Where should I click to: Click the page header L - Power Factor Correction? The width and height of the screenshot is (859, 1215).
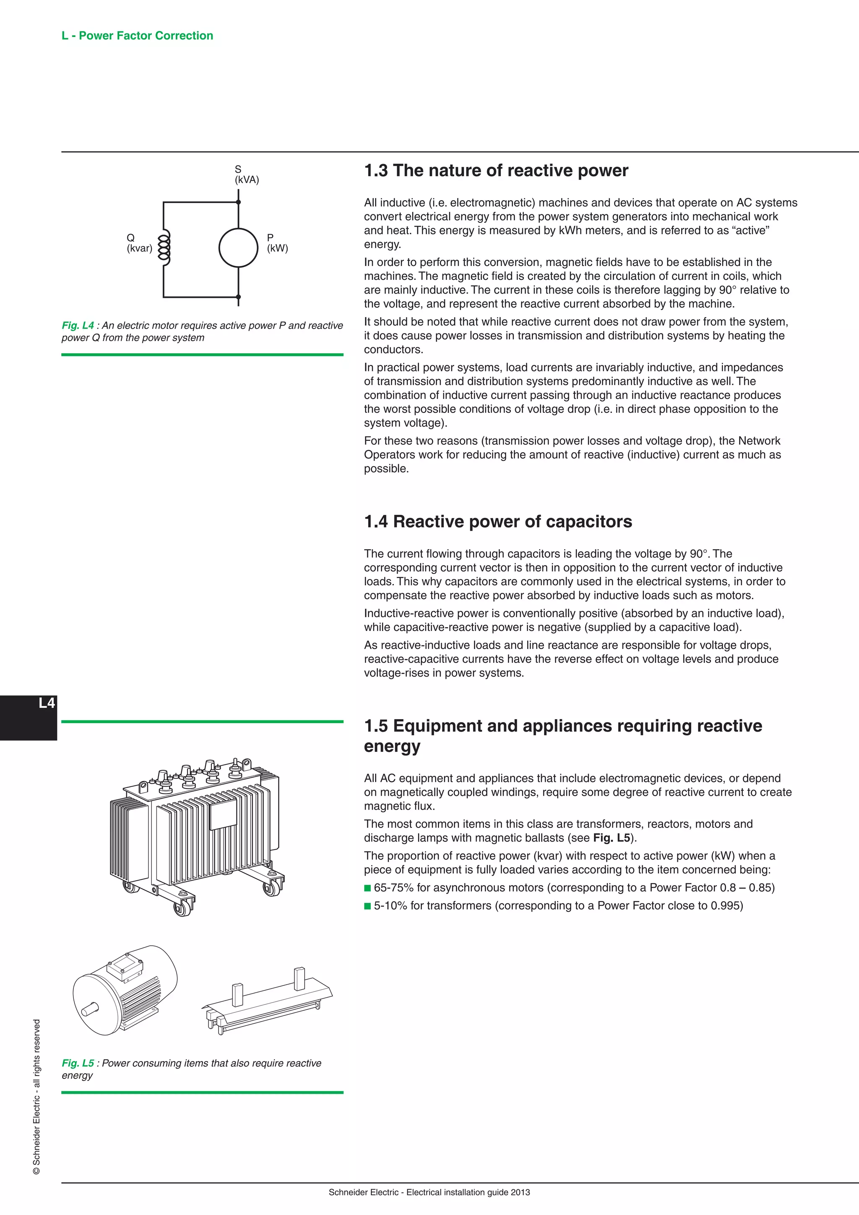coord(137,36)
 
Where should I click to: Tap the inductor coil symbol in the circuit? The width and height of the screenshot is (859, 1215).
coord(164,247)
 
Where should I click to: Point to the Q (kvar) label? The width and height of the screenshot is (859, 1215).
coord(139,243)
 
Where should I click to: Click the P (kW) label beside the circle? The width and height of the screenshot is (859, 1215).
coord(277,243)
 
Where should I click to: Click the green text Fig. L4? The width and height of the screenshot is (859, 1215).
coord(78,326)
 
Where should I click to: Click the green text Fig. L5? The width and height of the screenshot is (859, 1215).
coord(78,1063)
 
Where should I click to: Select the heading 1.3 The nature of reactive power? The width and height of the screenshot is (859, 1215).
coord(496,170)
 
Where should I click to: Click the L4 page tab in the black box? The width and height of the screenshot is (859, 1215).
coord(47,703)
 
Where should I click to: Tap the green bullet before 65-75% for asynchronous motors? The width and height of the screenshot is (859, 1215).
coord(367,888)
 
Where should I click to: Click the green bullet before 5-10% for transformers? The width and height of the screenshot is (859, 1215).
coord(367,906)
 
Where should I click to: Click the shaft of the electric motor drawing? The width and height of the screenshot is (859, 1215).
coord(89,1010)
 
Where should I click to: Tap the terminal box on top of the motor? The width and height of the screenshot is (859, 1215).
coord(125,966)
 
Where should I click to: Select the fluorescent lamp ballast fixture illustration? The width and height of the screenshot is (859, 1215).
coord(267,1002)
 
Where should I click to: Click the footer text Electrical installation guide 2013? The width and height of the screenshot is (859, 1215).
coord(468,1192)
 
